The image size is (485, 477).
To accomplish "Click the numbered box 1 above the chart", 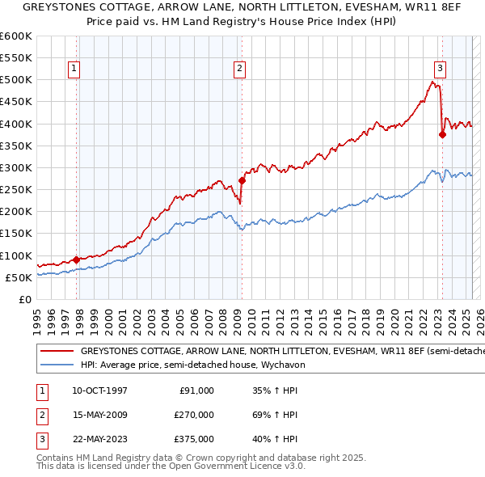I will (x=74, y=70).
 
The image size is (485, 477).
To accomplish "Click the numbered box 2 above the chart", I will (x=240, y=70).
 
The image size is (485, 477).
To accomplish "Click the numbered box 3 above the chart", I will (x=441, y=70).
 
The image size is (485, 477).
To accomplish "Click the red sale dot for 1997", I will (x=76, y=260).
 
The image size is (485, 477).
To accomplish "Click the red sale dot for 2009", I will (x=242, y=181).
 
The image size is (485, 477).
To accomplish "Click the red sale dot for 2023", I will (x=442, y=135).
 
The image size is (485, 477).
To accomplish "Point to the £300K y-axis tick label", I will (x=16, y=167).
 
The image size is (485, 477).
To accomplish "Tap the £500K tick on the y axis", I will (x=16, y=79).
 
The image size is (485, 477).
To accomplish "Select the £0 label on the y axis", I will (x=24, y=299).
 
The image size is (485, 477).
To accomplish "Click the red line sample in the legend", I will (x=57, y=352).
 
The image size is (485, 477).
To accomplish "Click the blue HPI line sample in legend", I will (x=57, y=365).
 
